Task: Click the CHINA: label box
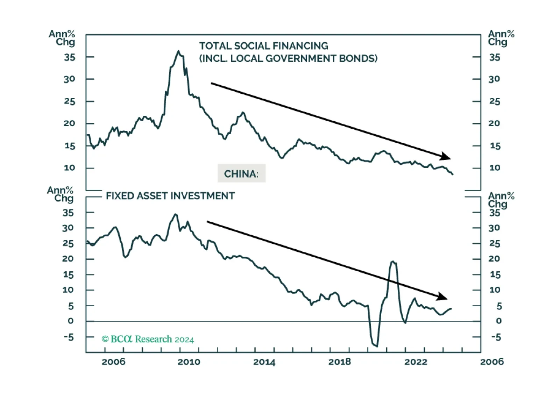tap(241, 173)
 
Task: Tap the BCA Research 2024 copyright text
tap(148, 340)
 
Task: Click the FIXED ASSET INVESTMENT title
tap(170, 196)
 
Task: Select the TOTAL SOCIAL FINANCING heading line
tap(263, 46)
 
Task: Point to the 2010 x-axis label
tap(189, 362)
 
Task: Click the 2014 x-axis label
tap(264, 362)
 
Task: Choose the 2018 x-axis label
tap(340, 362)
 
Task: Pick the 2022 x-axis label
tap(416, 362)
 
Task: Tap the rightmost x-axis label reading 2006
tap(492, 362)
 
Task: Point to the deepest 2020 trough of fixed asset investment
tap(377, 346)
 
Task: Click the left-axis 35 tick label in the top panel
tap(69, 58)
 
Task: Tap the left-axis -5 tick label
tap(69, 337)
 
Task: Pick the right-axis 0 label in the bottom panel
tap(499, 321)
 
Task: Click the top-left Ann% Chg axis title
tap(62, 38)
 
